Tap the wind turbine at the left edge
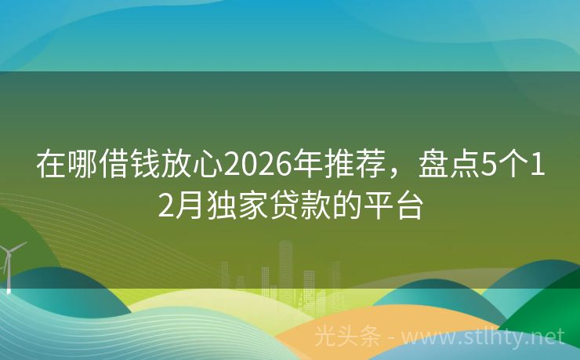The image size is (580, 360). pos(9,263)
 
